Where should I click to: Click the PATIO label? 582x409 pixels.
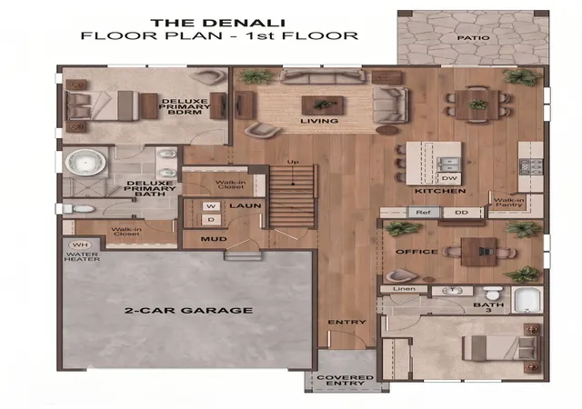(473, 38)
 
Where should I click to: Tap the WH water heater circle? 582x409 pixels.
(79, 245)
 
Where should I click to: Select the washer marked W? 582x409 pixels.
(211, 206)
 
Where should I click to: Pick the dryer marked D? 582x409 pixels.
(211, 220)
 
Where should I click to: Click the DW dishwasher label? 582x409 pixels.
(449, 178)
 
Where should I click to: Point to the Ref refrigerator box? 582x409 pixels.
(423, 213)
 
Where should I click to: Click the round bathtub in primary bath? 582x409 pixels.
(85, 162)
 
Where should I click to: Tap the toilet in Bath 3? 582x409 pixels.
(493, 293)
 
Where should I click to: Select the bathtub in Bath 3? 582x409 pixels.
(527, 300)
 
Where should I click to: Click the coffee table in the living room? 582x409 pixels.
(322, 105)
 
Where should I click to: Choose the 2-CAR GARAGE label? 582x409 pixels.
(188, 310)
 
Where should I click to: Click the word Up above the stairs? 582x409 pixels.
(293, 162)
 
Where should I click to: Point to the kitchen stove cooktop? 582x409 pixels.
(531, 166)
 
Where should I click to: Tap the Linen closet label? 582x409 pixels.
(404, 289)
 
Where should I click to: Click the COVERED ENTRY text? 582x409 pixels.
(346, 380)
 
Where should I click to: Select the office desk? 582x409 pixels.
(479, 252)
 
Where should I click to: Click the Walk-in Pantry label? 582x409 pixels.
(508, 203)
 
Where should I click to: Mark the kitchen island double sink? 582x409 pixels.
(449, 165)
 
